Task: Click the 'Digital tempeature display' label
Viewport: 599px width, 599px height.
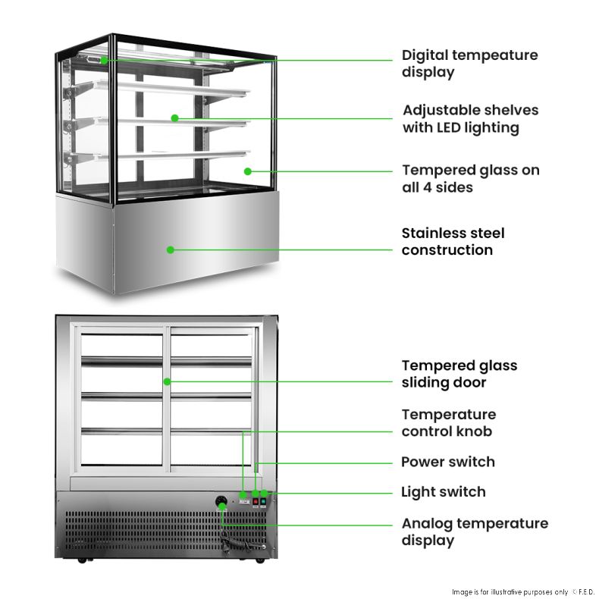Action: pyautogui.click(x=469, y=64)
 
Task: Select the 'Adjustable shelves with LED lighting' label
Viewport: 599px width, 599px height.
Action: pyautogui.click(x=470, y=118)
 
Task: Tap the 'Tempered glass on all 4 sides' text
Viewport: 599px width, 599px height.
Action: pyautogui.click(x=470, y=178)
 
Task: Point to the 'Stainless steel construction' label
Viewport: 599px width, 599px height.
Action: pyautogui.click(x=453, y=241)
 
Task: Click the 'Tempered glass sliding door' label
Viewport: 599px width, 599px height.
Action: pyautogui.click(x=459, y=374)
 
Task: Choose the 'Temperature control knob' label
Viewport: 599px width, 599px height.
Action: pyautogui.click(x=448, y=422)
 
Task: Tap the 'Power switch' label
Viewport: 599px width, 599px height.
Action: pyautogui.click(x=447, y=462)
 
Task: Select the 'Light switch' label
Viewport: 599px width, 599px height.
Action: pyautogui.click(x=443, y=492)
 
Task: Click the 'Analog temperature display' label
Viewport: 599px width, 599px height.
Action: pyautogui.click(x=474, y=532)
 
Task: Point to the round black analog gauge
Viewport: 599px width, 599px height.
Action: pyautogui.click(x=221, y=501)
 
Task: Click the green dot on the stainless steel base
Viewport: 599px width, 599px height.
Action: pyautogui.click(x=171, y=249)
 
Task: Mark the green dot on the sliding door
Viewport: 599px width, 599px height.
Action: pyautogui.click(x=167, y=381)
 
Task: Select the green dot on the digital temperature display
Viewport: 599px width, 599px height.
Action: pyautogui.click(x=103, y=59)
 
